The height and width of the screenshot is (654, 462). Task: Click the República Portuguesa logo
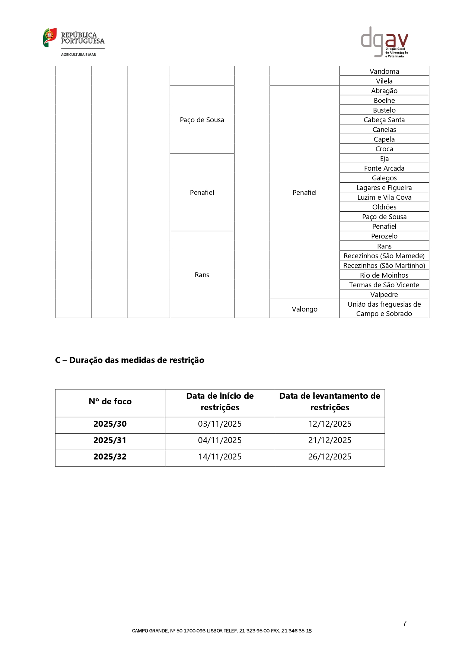tap(74, 42)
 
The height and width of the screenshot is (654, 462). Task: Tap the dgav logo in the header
tap(384, 42)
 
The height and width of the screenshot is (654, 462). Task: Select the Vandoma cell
tap(384, 71)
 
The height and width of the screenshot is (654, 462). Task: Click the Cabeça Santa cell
tap(384, 120)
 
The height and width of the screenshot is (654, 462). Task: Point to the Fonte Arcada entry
tap(384, 168)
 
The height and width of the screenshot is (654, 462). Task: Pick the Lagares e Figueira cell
tap(384, 187)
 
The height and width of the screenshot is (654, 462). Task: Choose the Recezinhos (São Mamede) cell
tap(384, 256)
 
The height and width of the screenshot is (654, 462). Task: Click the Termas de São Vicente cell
tap(384, 285)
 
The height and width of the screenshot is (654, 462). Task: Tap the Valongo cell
tap(305, 309)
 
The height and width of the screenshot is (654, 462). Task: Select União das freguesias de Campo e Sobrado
tap(384, 309)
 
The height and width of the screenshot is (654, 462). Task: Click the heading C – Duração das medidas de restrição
tap(130, 360)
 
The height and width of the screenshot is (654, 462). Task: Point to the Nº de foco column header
tap(110, 401)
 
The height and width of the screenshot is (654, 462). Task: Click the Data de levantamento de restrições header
tap(330, 401)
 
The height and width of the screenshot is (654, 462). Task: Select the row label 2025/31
tap(110, 440)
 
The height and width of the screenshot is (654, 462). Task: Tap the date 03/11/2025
tap(220, 424)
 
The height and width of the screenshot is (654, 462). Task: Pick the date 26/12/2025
tap(330, 456)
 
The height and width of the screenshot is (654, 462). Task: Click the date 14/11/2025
tap(220, 456)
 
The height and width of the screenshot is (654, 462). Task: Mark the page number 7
tap(405, 623)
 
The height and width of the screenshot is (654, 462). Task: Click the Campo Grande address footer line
tap(222, 631)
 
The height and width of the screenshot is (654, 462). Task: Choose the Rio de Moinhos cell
tap(384, 275)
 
